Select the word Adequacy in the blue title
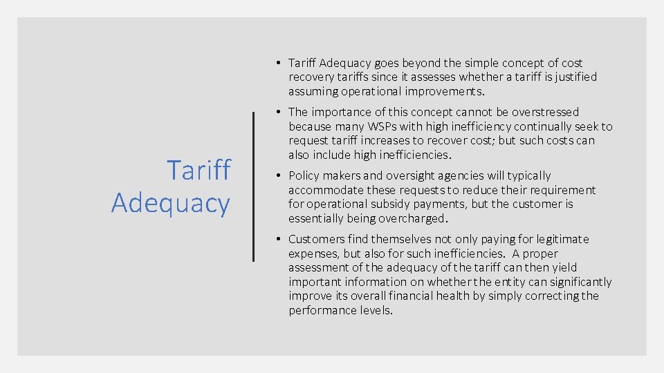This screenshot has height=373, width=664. point(170,203)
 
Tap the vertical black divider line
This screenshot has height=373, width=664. point(254,186)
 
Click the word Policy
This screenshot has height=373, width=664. point(305,175)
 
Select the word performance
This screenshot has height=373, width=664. point(323,310)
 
